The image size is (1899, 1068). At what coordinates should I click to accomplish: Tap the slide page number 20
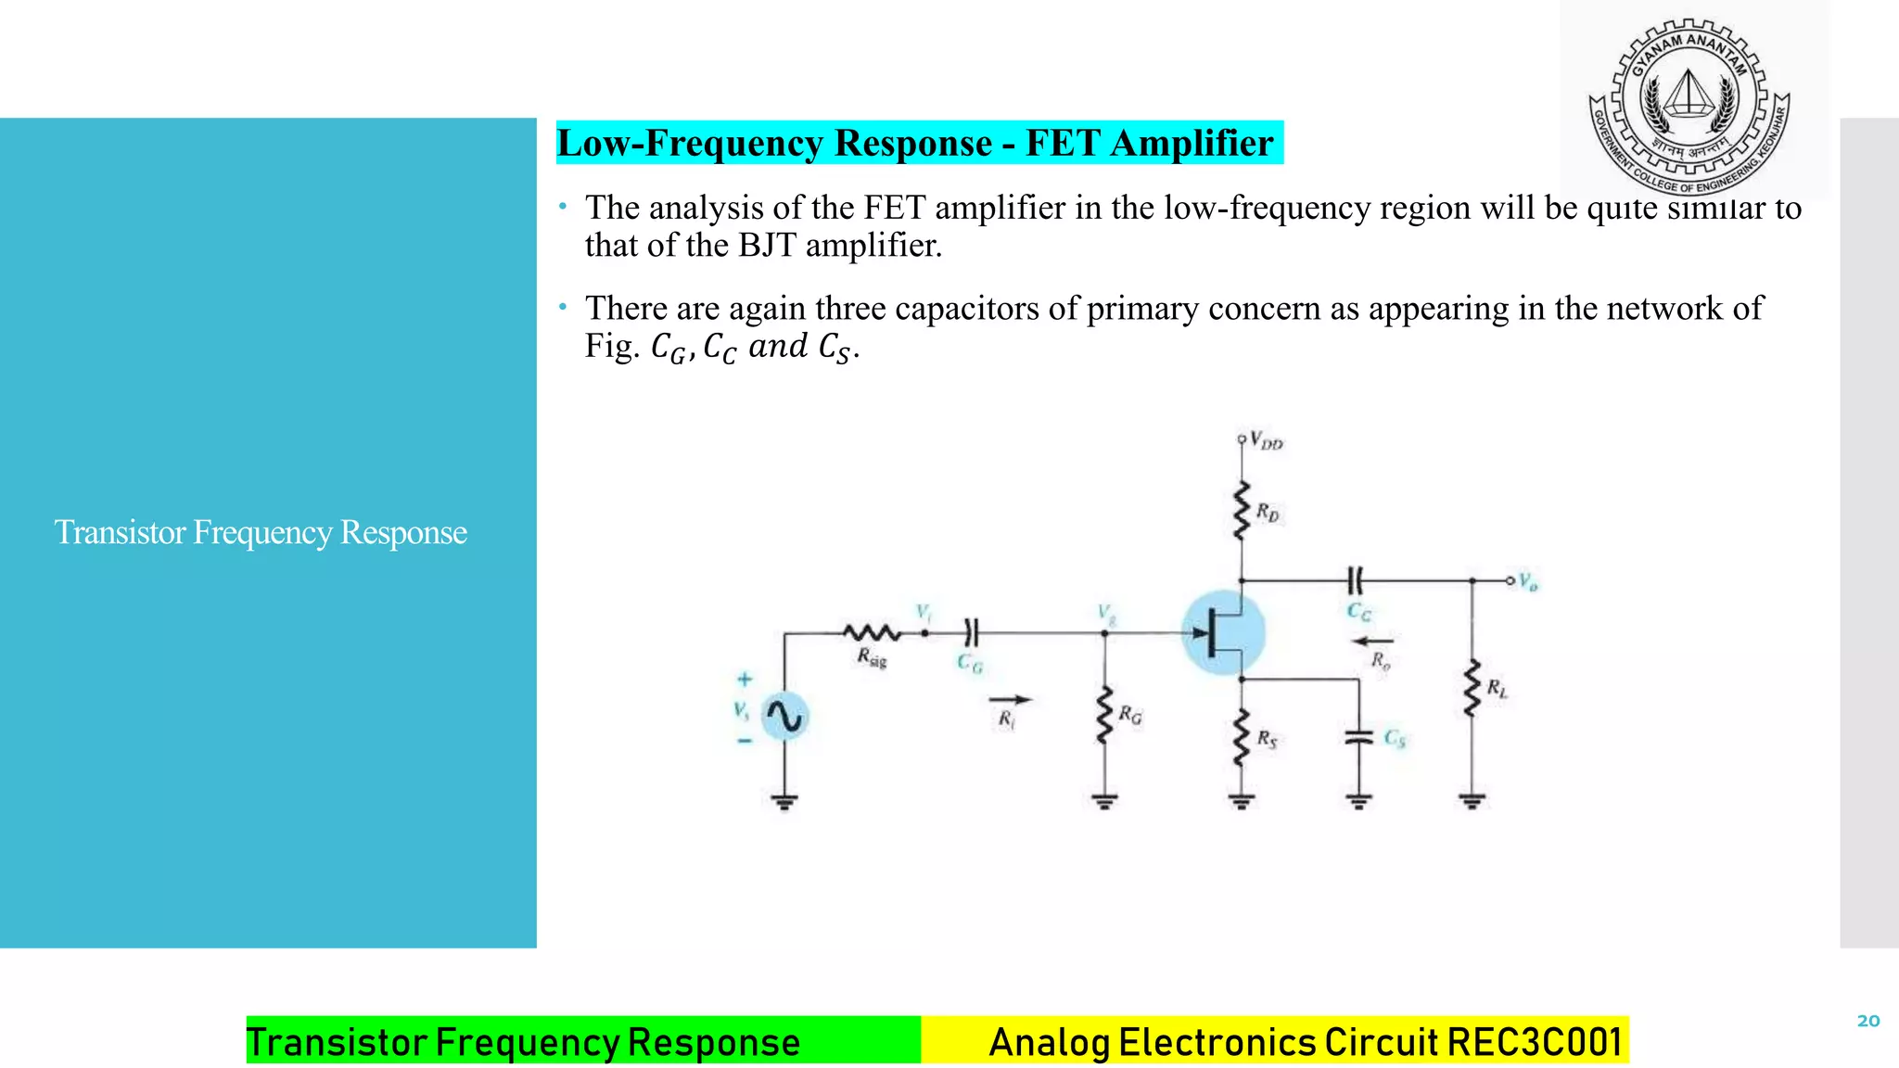pyautogui.click(x=1867, y=1021)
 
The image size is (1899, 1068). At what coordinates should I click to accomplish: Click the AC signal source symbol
pyautogui.click(x=784, y=717)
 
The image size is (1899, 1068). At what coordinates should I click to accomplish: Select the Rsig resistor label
pyautogui.click(x=872, y=658)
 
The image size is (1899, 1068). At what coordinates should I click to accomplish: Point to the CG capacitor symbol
pyautogui.click(x=971, y=633)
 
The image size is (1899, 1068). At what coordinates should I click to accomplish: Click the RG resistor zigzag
pyautogui.click(x=1103, y=715)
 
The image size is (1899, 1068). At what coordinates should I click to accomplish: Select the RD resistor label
pyautogui.click(x=1268, y=512)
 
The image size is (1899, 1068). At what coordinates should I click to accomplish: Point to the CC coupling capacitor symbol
pyautogui.click(x=1355, y=581)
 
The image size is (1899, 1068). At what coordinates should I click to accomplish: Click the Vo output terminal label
pyautogui.click(x=1528, y=582)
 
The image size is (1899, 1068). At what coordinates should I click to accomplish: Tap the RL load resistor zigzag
pyautogui.click(x=1472, y=688)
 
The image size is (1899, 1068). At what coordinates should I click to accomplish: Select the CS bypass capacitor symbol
pyautogui.click(x=1358, y=737)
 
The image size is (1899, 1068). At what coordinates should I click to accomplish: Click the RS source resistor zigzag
pyautogui.click(x=1242, y=737)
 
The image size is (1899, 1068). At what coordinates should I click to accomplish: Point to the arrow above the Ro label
pyautogui.click(x=1373, y=641)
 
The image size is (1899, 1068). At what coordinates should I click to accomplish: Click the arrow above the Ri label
pyautogui.click(x=1010, y=700)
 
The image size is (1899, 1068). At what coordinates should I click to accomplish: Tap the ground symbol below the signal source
pyautogui.click(x=784, y=801)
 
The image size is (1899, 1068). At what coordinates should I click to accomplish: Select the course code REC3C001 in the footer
pyautogui.click(x=1535, y=1042)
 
